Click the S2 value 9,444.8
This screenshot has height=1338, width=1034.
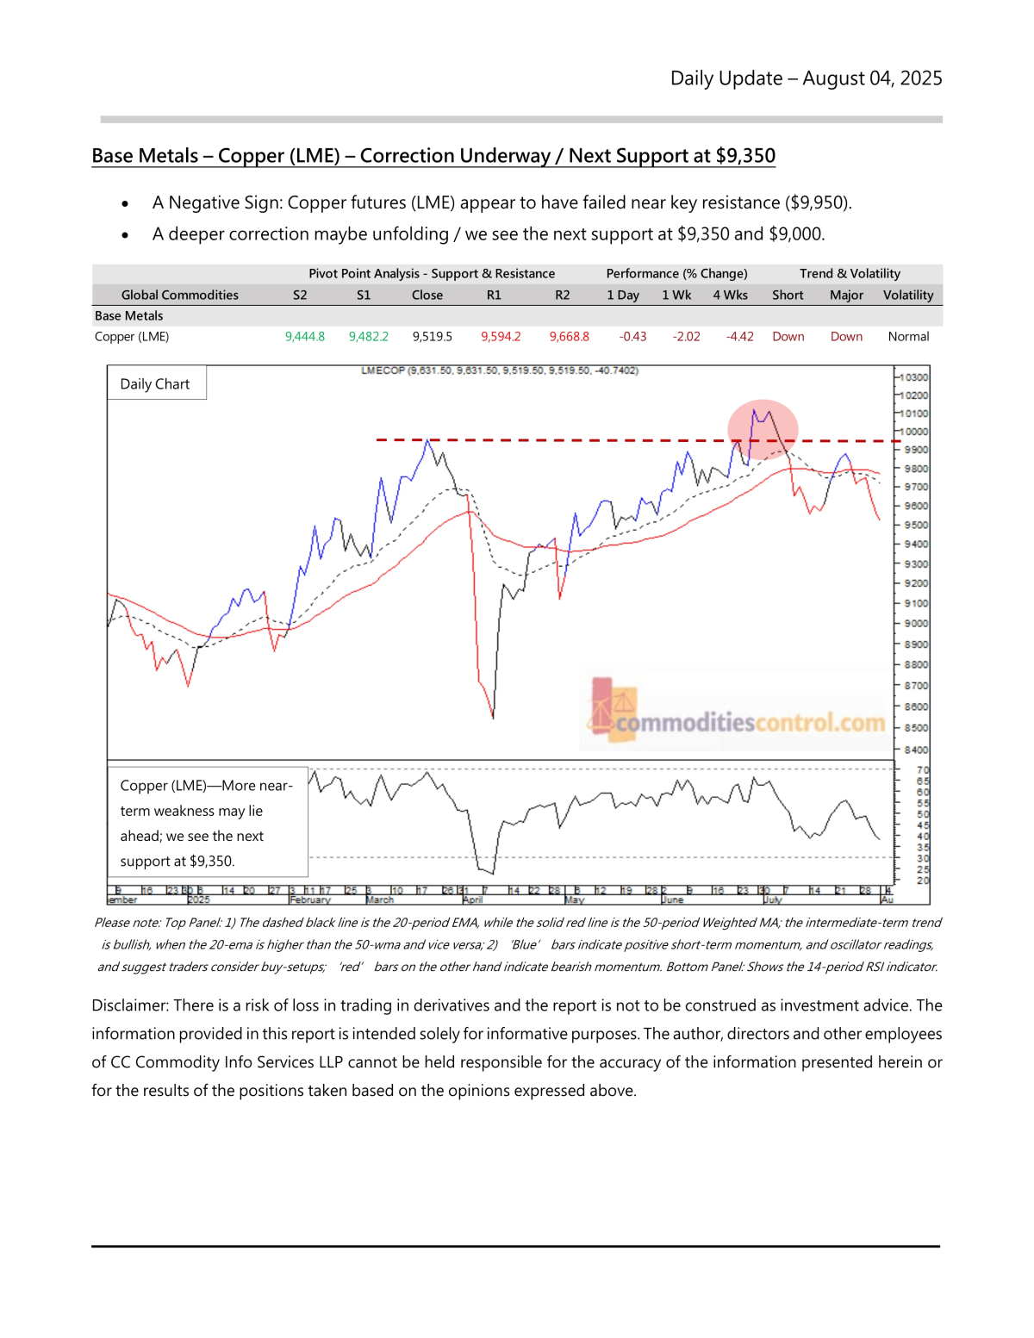tap(305, 337)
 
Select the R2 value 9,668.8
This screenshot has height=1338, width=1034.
tap(570, 337)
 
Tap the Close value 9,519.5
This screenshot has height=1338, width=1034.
tap(432, 337)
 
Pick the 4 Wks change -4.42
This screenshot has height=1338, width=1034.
tap(739, 337)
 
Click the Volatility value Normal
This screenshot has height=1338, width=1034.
tap(908, 337)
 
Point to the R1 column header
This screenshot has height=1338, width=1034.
tap(494, 295)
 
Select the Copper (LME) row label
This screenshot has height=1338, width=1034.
tap(132, 337)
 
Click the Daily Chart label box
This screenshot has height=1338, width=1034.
tap(156, 384)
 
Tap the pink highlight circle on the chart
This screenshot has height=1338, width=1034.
tap(763, 428)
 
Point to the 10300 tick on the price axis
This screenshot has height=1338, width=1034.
tap(913, 377)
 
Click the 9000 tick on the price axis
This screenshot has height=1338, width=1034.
tap(916, 623)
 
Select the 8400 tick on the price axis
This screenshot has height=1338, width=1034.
tap(916, 750)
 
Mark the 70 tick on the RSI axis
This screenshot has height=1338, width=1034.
tap(923, 770)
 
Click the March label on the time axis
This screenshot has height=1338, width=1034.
tap(380, 899)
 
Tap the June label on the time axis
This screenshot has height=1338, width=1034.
tap(672, 899)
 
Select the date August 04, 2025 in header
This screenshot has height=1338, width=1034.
tap(872, 78)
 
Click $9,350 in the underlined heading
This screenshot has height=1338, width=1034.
tap(745, 156)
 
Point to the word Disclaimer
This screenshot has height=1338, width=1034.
tap(128, 1005)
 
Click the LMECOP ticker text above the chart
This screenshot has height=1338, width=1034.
tap(383, 370)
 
